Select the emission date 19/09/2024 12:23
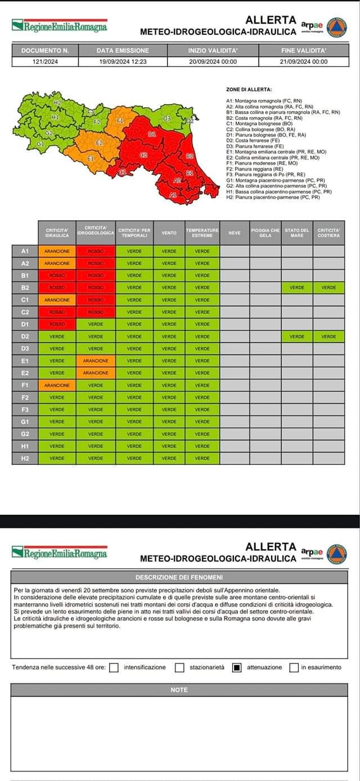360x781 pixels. pyautogui.click(x=123, y=62)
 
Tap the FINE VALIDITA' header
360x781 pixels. pyautogui.click(x=304, y=51)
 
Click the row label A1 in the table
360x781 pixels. pyautogui.click(x=25, y=251)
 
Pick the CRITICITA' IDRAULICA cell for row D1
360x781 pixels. pyautogui.click(x=57, y=324)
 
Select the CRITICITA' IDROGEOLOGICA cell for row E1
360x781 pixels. pyautogui.click(x=96, y=361)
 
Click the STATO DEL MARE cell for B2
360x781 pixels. pyautogui.click(x=297, y=288)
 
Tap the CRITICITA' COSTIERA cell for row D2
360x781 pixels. pyautogui.click(x=328, y=336)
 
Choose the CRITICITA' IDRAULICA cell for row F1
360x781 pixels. pyautogui.click(x=57, y=385)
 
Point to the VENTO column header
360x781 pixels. pyautogui.click(x=169, y=232)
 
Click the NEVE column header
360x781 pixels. pyautogui.click(x=235, y=232)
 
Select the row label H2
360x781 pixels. pyautogui.click(x=25, y=459)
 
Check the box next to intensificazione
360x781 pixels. pyautogui.click(x=114, y=668)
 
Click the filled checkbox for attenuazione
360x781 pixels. pyautogui.click(x=237, y=668)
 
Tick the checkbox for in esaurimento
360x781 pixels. pyautogui.click(x=294, y=668)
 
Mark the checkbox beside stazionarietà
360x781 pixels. pyautogui.click(x=179, y=668)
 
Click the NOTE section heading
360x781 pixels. pyautogui.click(x=179, y=690)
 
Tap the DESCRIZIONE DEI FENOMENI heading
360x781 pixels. pyautogui.click(x=179, y=577)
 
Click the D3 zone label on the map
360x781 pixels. pyautogui.click(x=166, y=119)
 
